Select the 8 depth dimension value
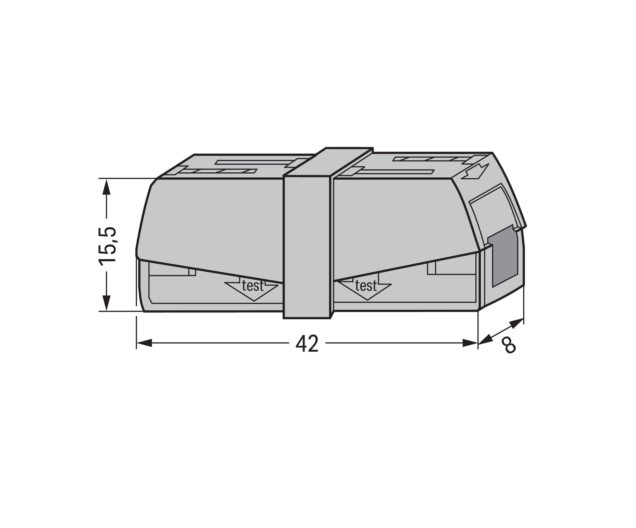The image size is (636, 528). (508, 346)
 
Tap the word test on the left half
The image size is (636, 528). (253, 286)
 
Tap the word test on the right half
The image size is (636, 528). (366, 286)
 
